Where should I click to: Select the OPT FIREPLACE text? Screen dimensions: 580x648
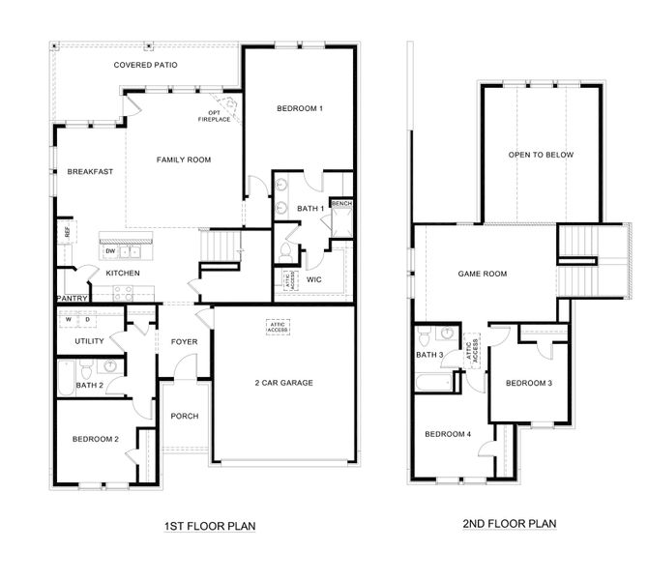[x=214, y=116]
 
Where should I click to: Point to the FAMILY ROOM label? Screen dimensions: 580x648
[x=184, y=159]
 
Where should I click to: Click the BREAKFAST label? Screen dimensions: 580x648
[x=90, y=171]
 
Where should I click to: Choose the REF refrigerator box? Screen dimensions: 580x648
[x=67, y=232]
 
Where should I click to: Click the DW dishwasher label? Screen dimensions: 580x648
[x=110, y=251]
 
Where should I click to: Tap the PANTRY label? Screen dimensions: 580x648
[x=73, y=299]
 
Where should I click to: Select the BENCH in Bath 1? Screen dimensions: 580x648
[x=341, y=204]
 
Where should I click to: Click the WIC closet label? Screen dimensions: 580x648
[x=314, y=279]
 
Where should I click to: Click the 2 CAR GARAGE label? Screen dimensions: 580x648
[x=283, y=383]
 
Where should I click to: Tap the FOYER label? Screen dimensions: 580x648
[x=184, y=341]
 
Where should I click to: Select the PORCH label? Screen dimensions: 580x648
[x=184, y=416]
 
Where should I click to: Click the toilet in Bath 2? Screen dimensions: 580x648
[x=86, y=368]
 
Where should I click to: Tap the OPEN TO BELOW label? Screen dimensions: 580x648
[x=541, y=155]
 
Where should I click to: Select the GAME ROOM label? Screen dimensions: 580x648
[x=482, y=274]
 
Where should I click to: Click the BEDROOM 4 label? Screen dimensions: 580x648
[x=448, y=433]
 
